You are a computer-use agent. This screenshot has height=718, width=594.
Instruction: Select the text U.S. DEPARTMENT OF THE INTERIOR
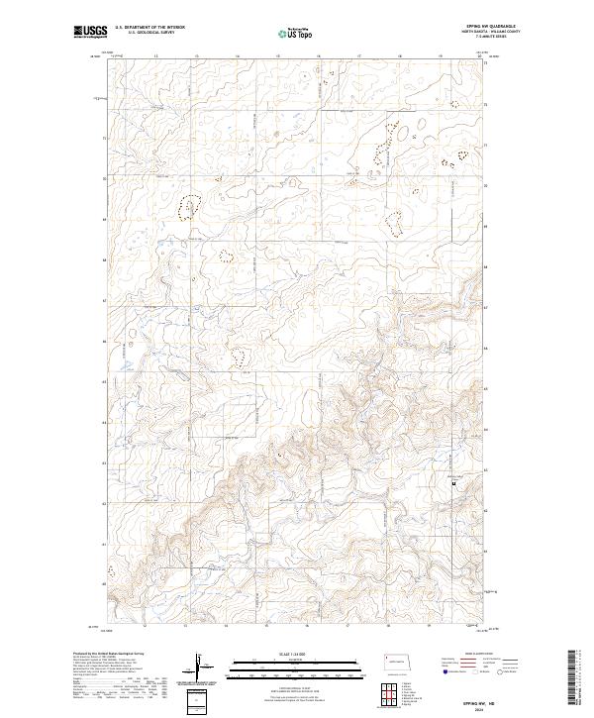[x=149, y=29]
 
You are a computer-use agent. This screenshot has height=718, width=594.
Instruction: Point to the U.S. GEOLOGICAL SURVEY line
[x=149, y=35]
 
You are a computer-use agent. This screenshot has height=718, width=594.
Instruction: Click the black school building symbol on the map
[x=454, y=484]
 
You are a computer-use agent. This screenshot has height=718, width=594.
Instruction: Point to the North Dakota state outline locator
[x=401, y=661]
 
